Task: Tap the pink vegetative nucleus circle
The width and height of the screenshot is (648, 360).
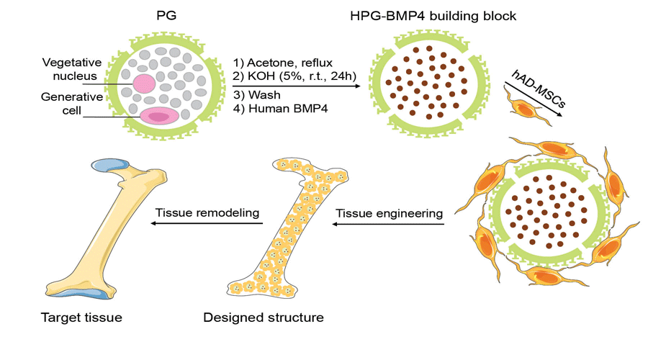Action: pyautogui.click(x=144, y=83)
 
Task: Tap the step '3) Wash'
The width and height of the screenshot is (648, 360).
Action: pyautogui.click(x=256, y=95)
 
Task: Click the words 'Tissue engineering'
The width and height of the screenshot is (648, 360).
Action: pyautogui.click(x=388, y=213)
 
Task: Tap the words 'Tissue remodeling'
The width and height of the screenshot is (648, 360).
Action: pyautogui.click(x=208, y=213)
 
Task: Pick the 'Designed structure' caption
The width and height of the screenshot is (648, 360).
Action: pyautogui.click(x=264, y=318)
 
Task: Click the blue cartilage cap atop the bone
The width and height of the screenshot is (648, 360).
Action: pyautogui.click(x=112, y=166)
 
